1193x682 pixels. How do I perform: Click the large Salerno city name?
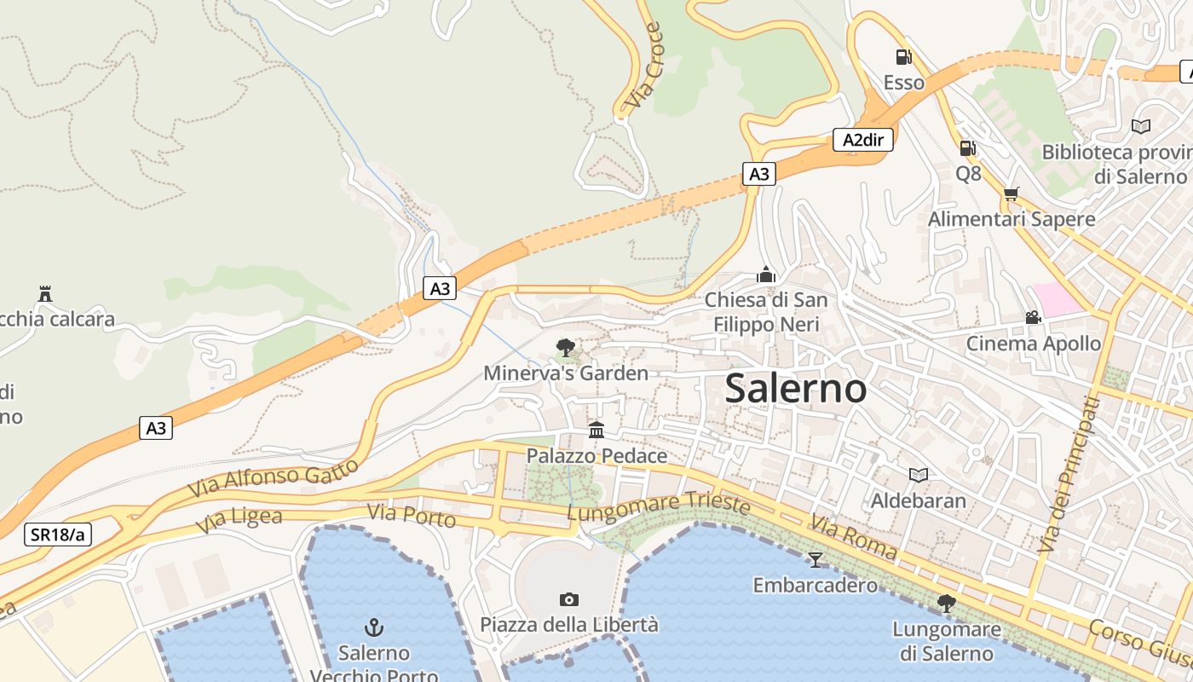tap(796, 390)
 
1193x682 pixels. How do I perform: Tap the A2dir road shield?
tap(863, 140)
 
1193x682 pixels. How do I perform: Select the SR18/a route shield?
tap(57, 535)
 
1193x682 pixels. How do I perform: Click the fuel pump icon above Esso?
tap(903, 57)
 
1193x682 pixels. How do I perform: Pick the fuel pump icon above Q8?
tap(967, 148)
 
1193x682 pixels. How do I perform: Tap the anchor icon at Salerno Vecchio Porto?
tap(374, 628)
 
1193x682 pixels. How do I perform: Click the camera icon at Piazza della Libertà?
tap(569, 600)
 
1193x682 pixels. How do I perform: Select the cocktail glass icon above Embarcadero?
tap(816, 559)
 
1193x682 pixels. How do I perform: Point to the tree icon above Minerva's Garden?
tap(565, 347)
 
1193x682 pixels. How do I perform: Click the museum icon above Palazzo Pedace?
tap(596, 430)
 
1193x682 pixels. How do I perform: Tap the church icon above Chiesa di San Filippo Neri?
tap(766, 275)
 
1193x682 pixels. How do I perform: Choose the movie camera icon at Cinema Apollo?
tap(1033, 318)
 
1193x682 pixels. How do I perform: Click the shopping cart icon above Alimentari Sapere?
tap(1011, 194)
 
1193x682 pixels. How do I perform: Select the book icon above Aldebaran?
tap(919, 475)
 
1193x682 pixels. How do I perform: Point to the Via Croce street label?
tap(643, 67)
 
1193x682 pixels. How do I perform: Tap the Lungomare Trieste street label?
tap(658, 508)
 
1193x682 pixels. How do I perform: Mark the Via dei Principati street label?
tap(1068, 475)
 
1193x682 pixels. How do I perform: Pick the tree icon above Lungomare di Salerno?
tap(946, 604)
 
